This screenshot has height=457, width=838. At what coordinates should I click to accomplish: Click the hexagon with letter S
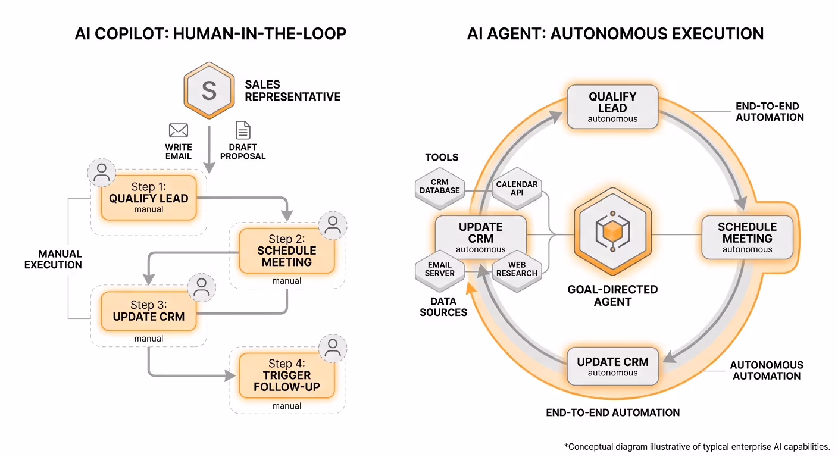point(209,91)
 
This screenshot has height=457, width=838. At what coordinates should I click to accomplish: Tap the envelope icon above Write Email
point(179,130)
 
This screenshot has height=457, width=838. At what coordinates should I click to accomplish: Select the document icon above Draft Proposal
point(243,130)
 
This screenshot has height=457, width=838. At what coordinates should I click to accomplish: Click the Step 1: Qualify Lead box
point(149,198)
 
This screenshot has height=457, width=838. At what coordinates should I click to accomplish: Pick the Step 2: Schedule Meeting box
point(287,251)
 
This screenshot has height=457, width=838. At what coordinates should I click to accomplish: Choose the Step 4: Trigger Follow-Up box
point(287,375)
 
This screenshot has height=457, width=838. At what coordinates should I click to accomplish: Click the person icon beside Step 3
point(201,287)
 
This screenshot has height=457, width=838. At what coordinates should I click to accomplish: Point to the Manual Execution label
point(53,259)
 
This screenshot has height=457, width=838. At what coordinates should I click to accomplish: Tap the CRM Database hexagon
point(440,186)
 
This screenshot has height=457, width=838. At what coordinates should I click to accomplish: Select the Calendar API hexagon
point(517,188)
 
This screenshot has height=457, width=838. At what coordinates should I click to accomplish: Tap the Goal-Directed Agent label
point(612,295)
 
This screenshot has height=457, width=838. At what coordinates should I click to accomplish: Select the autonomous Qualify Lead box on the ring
point(612,107)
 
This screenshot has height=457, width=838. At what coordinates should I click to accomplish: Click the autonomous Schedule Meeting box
point(747,237)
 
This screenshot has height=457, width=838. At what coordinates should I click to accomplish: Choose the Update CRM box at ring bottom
point(612,366)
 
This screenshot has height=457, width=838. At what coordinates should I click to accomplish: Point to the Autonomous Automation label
point(767,370)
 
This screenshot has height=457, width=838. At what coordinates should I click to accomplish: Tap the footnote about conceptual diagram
point(696,446)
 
